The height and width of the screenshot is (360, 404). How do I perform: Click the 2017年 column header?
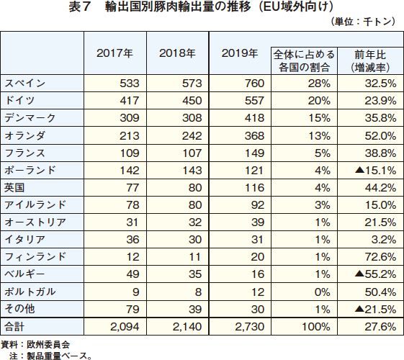click(x=115, y=53)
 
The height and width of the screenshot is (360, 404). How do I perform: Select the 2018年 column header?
click(x=177, y=53)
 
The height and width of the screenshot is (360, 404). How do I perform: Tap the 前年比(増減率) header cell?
click(x=370, y=61)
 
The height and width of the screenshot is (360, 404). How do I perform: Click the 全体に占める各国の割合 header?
click(x=304, y=61)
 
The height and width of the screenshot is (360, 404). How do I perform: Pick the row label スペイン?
click(x=25, y=84)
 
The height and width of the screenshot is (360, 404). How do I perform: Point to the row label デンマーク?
click(x=30, y=117)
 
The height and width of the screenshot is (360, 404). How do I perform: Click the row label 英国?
click(x=14, y=187)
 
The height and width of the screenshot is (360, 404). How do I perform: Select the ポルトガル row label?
click(x=30, y=292)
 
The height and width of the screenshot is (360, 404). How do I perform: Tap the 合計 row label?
click(x=14, y=327)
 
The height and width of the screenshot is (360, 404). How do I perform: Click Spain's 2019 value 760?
click(x=254, y=84)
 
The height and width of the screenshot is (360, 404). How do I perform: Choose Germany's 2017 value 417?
click(x=130, y=100)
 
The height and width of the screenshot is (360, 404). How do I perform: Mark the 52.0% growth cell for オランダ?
click(x=380, y=135)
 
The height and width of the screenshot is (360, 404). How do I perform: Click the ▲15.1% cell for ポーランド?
click(x=375, y=170)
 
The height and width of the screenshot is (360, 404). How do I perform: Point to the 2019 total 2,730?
click(x=250, y=327)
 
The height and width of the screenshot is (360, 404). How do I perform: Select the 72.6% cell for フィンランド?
click(x=380, y=257)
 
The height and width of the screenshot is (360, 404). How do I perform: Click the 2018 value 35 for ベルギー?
click(x=195, y=274)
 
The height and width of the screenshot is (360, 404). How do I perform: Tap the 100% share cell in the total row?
click(x=316, y=327)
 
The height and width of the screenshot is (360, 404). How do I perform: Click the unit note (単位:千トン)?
click(x=362, y=22)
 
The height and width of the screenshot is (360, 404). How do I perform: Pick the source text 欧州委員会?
click(x=48, y=345)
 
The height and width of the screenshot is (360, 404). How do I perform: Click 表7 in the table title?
click(x=79, y=7)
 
